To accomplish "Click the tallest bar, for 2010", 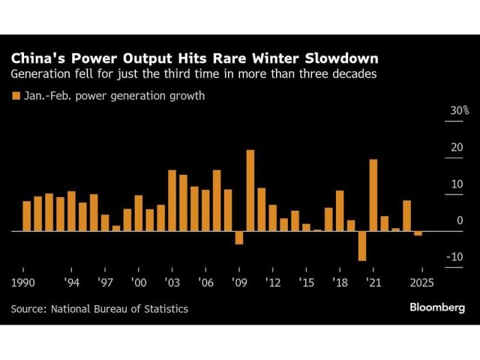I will pos(250,190).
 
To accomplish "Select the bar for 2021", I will pos(373,195).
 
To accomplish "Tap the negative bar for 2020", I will pos(362,246).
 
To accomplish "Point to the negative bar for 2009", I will pos(239,238).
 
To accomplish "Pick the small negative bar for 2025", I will pos(418,234).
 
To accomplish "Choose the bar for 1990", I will pos(27,216).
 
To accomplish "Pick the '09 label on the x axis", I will pos(240,283).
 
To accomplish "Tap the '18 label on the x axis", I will pos(340,283).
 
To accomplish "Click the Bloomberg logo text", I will pos(437,307).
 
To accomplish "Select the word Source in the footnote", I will pos(28,308).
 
